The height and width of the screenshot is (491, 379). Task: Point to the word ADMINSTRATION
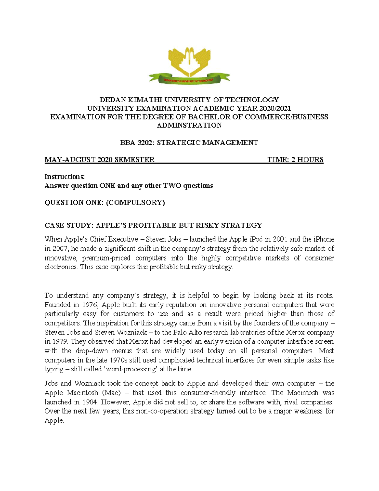pyautogui.click(x=189, y=126)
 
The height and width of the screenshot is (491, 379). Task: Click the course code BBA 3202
pyautogui.click(x=137, y=143)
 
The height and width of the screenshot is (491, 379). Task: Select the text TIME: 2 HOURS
pyautogui.click(x=295, y=160)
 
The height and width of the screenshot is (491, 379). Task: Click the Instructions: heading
pyautogui.click(x=65, y=177)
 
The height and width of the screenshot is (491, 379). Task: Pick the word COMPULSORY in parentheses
pyautogui.click(x=135, y=203)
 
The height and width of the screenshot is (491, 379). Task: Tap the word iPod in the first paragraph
pyautogui.click(x=252, y=239)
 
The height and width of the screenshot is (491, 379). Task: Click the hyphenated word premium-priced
pyautogui.click(x=106, y=258)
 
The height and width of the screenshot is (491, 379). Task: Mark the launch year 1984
pyautogui.click(x=90, y=402)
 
